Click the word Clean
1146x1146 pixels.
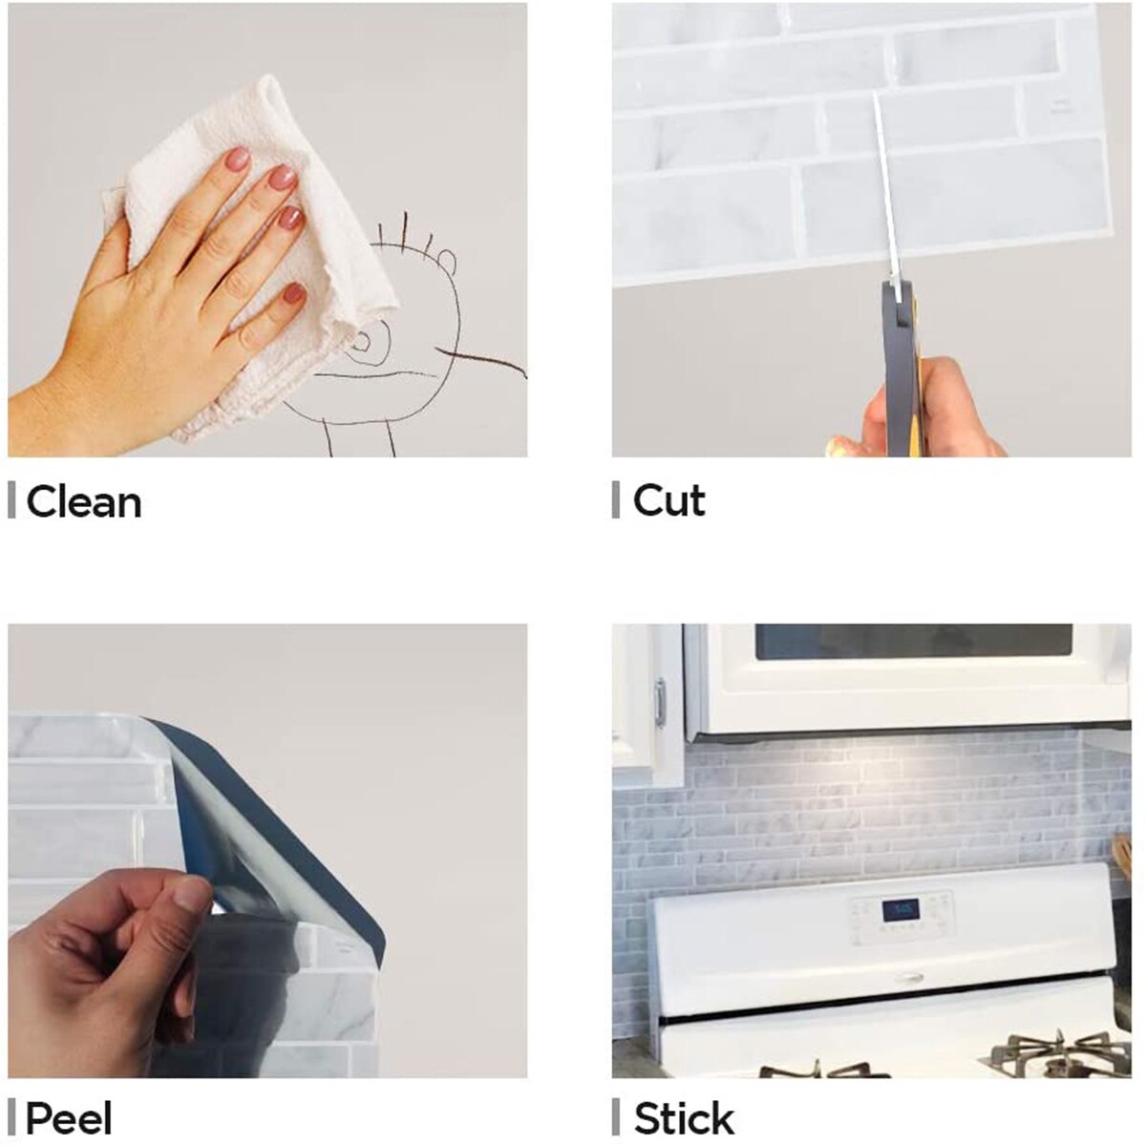click(84, 502)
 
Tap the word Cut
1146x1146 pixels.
click(668, 501)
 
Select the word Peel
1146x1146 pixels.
click(69, 1118)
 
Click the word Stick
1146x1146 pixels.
click(684, 1118)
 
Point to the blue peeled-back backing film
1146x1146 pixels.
click(277, 821)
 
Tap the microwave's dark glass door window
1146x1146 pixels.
click(912, 641)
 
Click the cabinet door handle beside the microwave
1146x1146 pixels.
click(659, 702)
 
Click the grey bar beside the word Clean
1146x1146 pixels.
click(11, 500)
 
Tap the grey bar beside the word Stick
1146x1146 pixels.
click(616, 1117)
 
